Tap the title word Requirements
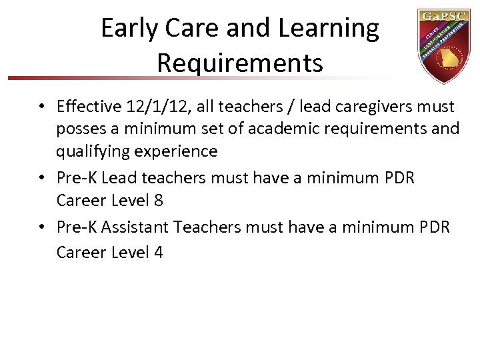click(240, 63)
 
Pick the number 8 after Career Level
click(158, 200)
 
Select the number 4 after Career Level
click(158, 252)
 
